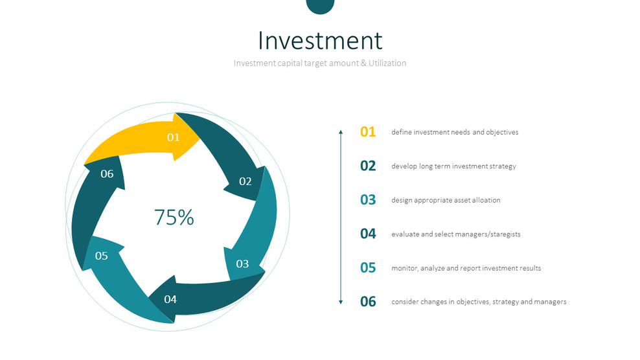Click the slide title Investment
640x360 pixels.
pos(320,40)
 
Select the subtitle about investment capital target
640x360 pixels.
pos(320,63)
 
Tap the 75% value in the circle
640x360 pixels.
pos(174,218)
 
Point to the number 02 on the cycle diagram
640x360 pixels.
pos(245,181)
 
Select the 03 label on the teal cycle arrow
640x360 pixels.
pos(242,264)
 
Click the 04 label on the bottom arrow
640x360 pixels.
pos(170,299)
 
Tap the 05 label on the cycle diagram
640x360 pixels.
pos(101,256)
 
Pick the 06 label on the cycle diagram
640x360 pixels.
pos(107,174)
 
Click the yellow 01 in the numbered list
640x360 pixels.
pos(368,132)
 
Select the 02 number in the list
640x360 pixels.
pos(368,166)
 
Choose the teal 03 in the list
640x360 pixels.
pos(368,200)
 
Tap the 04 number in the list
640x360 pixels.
pos(368,234)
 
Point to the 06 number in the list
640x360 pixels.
pos(368,302)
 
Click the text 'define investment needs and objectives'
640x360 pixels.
pos(455,132)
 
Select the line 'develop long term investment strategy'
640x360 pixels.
pos(453,166)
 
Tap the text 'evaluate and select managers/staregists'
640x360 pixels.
pos(455,234)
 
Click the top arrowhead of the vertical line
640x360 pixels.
pos(341,131)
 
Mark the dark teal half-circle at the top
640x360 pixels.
pos(320,6)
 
